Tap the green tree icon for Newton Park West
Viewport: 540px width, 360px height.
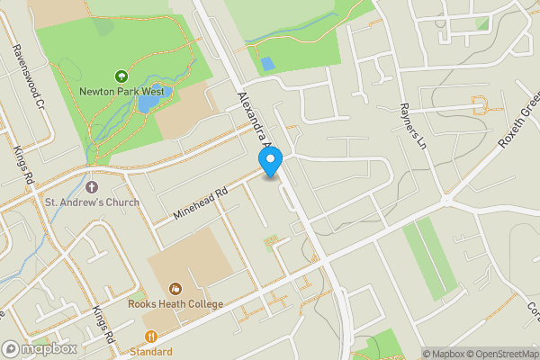[121, 77]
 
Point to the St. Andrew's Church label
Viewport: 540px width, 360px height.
[92, 202]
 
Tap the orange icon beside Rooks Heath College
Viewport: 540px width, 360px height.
[175, 289]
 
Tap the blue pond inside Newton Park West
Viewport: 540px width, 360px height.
[146, 103]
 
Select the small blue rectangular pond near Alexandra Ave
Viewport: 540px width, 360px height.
[267, 65]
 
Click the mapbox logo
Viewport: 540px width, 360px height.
[40, 348]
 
